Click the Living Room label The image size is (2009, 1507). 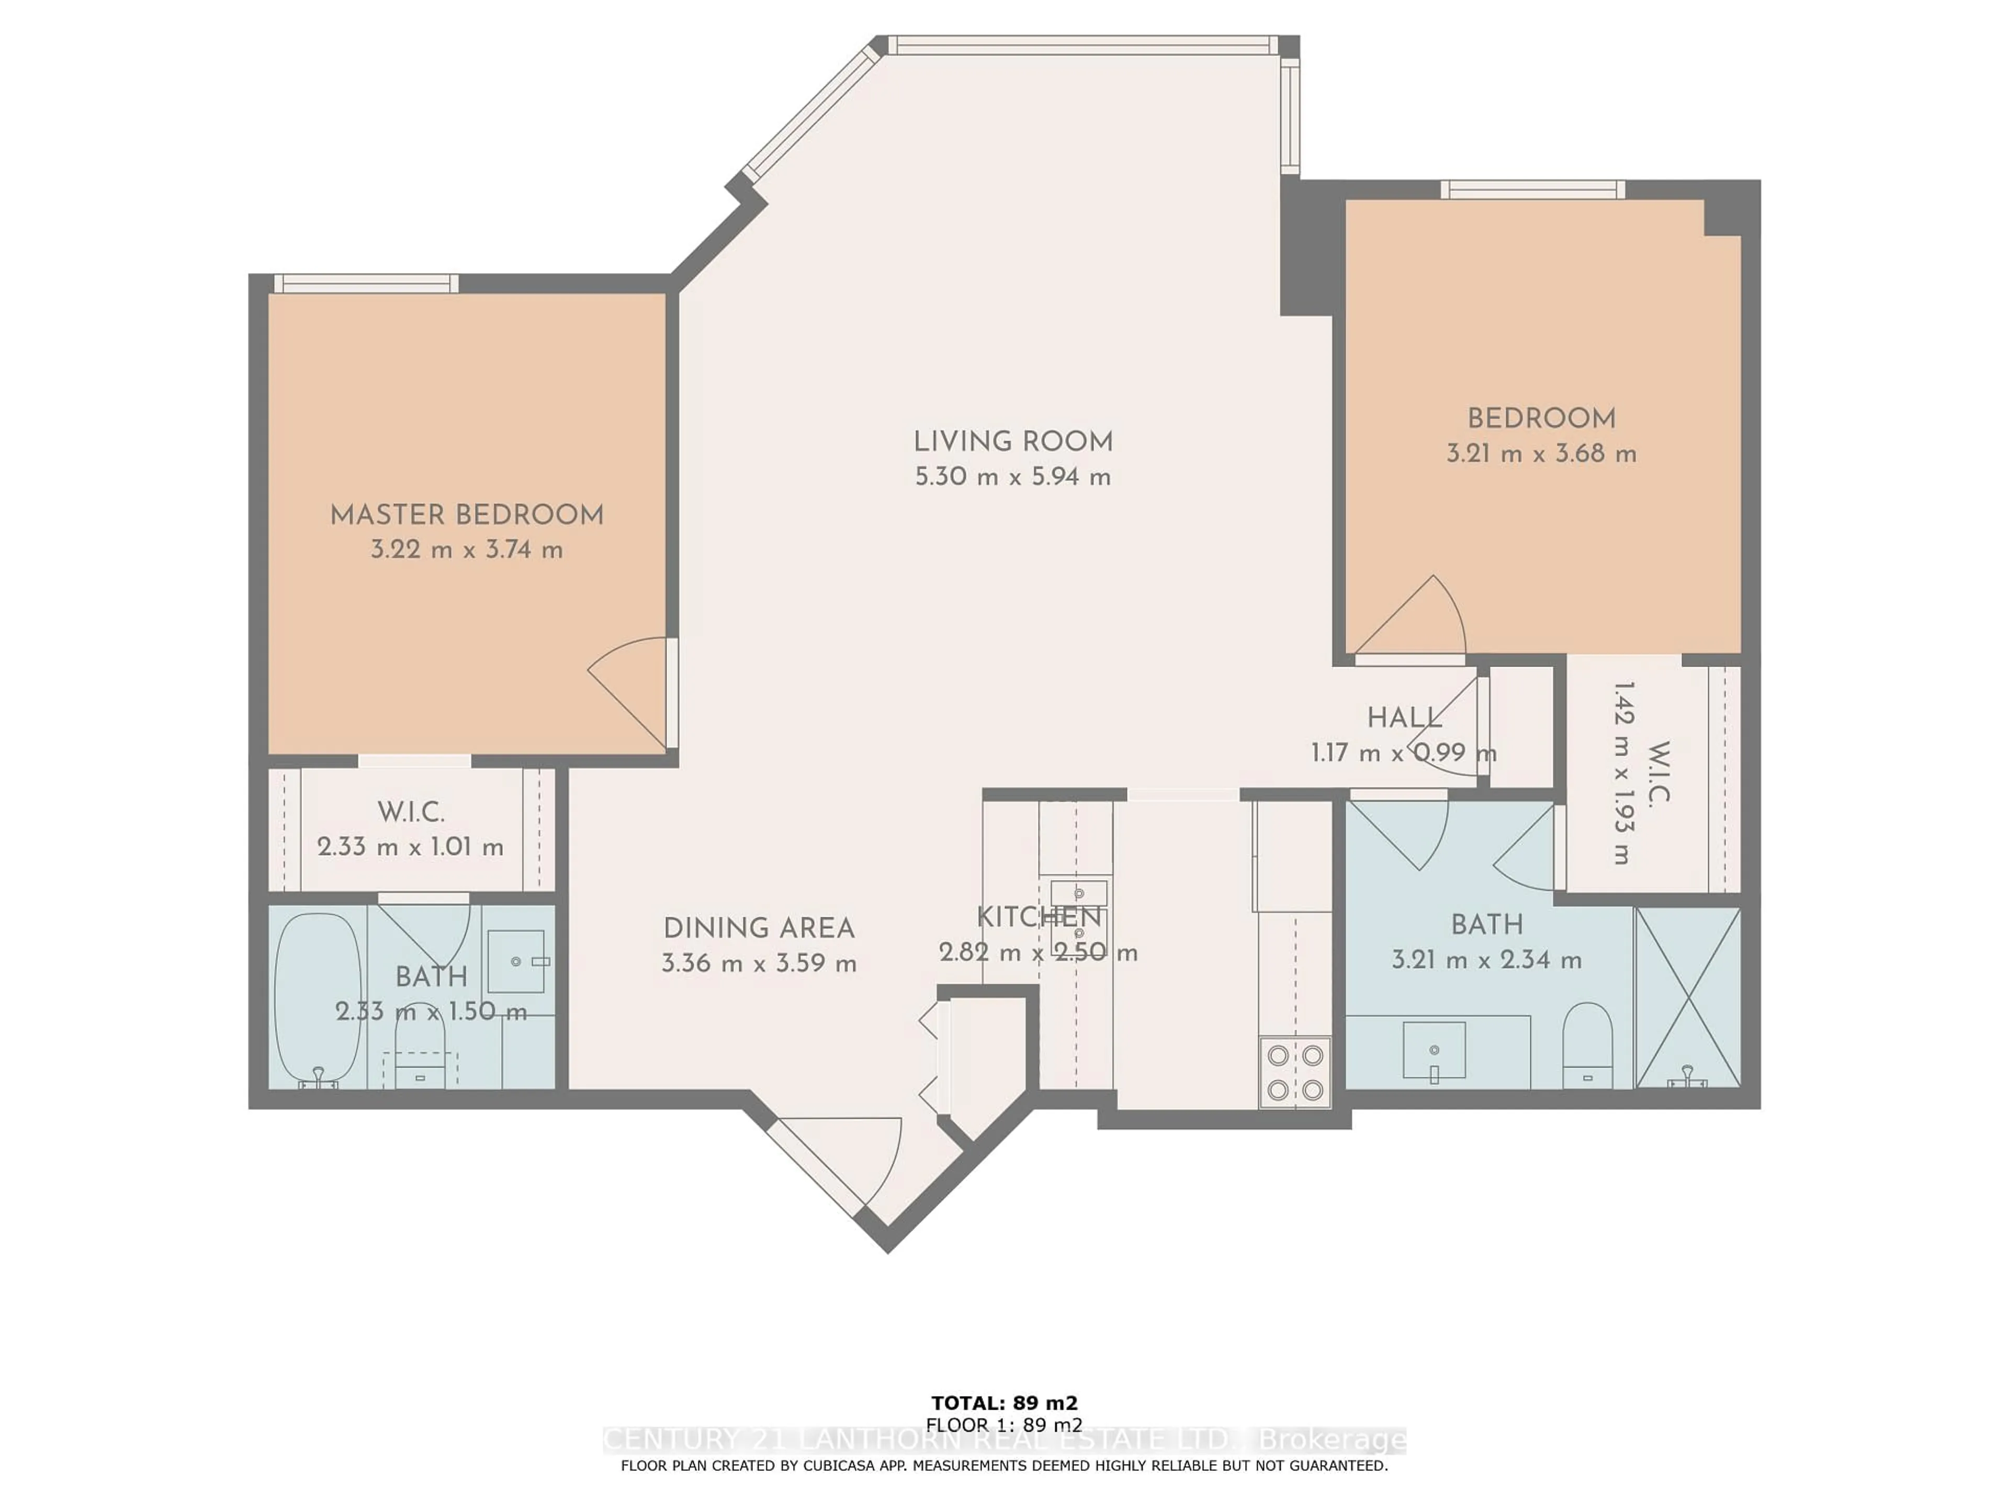(1013, 442)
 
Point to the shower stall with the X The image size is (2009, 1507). (1687, 997)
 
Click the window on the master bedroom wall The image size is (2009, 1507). (366, 284)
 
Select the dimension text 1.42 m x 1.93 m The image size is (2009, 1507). (1623, 772)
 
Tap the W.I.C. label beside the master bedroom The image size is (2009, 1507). (411, 812)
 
